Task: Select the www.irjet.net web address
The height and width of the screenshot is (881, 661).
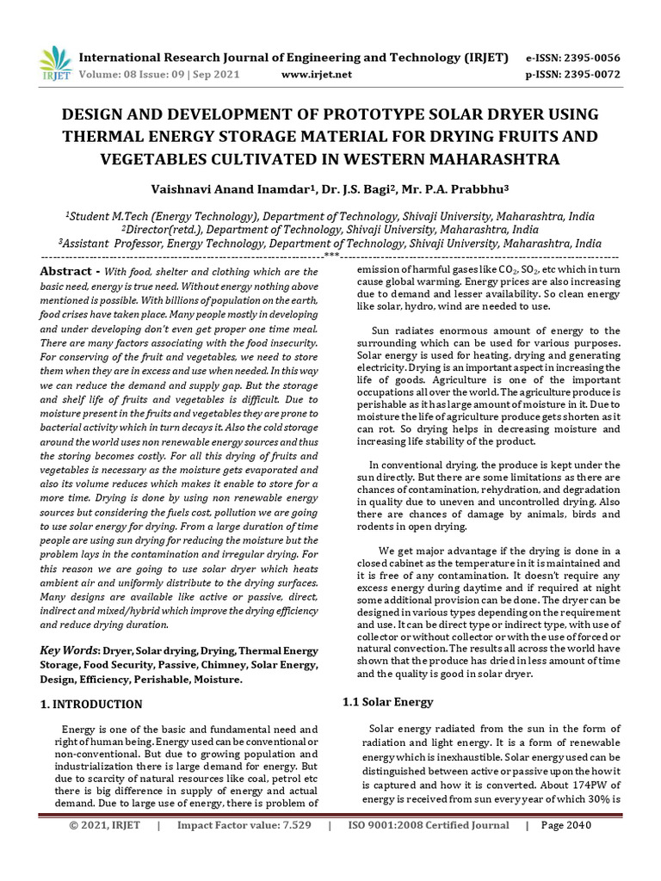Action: [x=317, y=75]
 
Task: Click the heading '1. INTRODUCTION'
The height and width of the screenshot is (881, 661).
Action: [x=92, y=704]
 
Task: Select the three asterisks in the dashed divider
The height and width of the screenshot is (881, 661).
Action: [x=330, y=256]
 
